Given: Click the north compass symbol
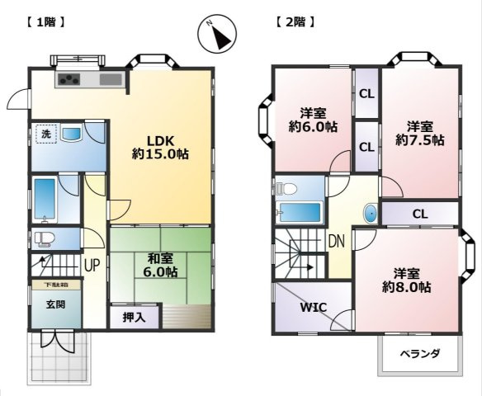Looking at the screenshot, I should tap(217, 35).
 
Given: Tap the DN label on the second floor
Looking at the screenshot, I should tap(336, 242).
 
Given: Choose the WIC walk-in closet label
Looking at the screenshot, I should tap(313, 308).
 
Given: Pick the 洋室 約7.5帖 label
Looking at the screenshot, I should tap(419, 134).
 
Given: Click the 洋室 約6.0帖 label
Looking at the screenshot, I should tap(312, 120).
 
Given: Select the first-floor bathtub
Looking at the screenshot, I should tap(45, 199).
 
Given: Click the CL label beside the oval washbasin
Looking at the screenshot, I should tap(420, 214).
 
